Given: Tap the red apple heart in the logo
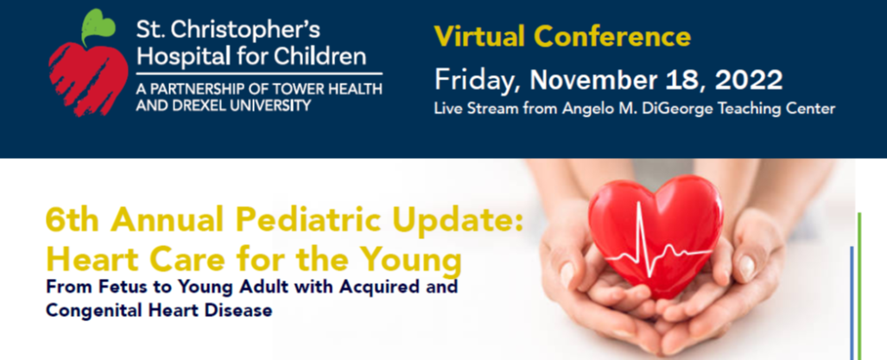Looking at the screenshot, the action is (x=88, y=79).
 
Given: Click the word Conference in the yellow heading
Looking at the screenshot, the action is (x=612, y=37).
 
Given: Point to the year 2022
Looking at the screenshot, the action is (x=749, y=80).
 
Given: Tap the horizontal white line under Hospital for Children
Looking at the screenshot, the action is (x=259, y=73).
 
